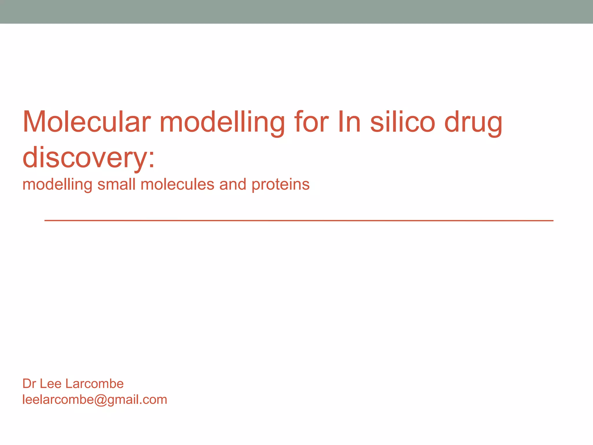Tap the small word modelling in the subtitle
tap(57, 185)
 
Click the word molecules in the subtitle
tap(177, 184)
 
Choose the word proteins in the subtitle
tap(280, 185)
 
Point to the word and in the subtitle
tap(233, 184)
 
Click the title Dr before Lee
tap(29, 384)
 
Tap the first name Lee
tap(50, 384)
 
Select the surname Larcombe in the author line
tap(94, 384)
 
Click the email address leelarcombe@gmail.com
tap(95, 400)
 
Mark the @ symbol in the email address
tap(100, 400)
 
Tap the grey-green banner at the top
tap(296, 12)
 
